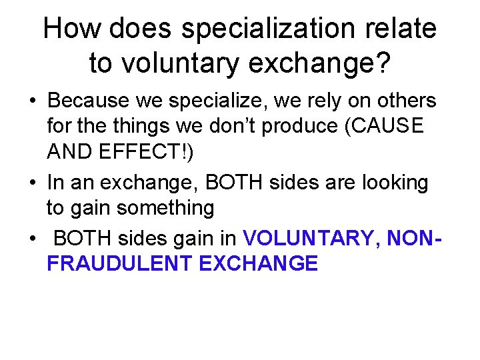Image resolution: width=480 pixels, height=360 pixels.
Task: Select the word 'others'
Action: (404, 101)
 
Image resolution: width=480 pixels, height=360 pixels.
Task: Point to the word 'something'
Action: (165, 209)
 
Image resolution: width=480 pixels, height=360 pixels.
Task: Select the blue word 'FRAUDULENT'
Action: (119, 263)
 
